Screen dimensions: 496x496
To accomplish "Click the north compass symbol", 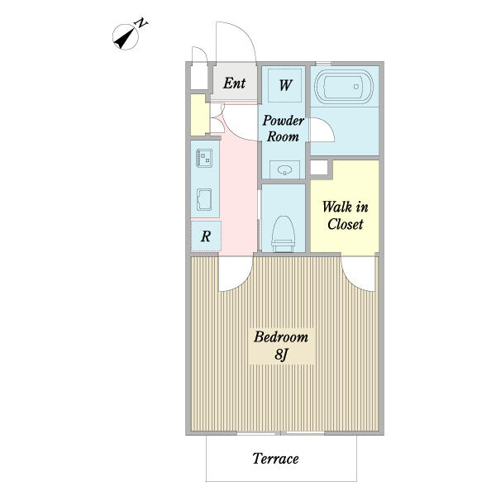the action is (x=126, y=37).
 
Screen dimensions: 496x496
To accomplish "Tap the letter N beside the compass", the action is (x=141, y=23).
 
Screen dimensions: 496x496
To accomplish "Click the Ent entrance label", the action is (x=234, y=83).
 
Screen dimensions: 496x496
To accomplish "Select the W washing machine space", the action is (x=284, y=85).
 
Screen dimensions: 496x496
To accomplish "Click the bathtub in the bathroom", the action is (x=344, y=87).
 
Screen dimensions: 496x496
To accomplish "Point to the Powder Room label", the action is (x=283, y=128).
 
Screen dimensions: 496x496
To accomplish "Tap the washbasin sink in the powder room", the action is (x=284, y=170).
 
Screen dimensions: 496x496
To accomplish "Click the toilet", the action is (x=283, y=233).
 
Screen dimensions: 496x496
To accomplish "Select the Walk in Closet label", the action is (x=345, y=216).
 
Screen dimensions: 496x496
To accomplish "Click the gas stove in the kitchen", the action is (x=204, y=158).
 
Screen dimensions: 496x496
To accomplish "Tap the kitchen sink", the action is (x=204, y=199).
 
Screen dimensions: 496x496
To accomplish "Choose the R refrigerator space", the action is (x=206, y=236).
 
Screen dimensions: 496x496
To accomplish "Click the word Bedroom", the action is (x=281, y=337).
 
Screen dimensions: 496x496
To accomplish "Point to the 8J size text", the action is (x=281, y=355).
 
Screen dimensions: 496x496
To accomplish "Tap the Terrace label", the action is (x=275, y=458).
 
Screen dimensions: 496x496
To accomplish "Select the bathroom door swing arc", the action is (x=328, y=126).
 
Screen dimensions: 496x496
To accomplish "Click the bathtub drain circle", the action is (x=356, y=86).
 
